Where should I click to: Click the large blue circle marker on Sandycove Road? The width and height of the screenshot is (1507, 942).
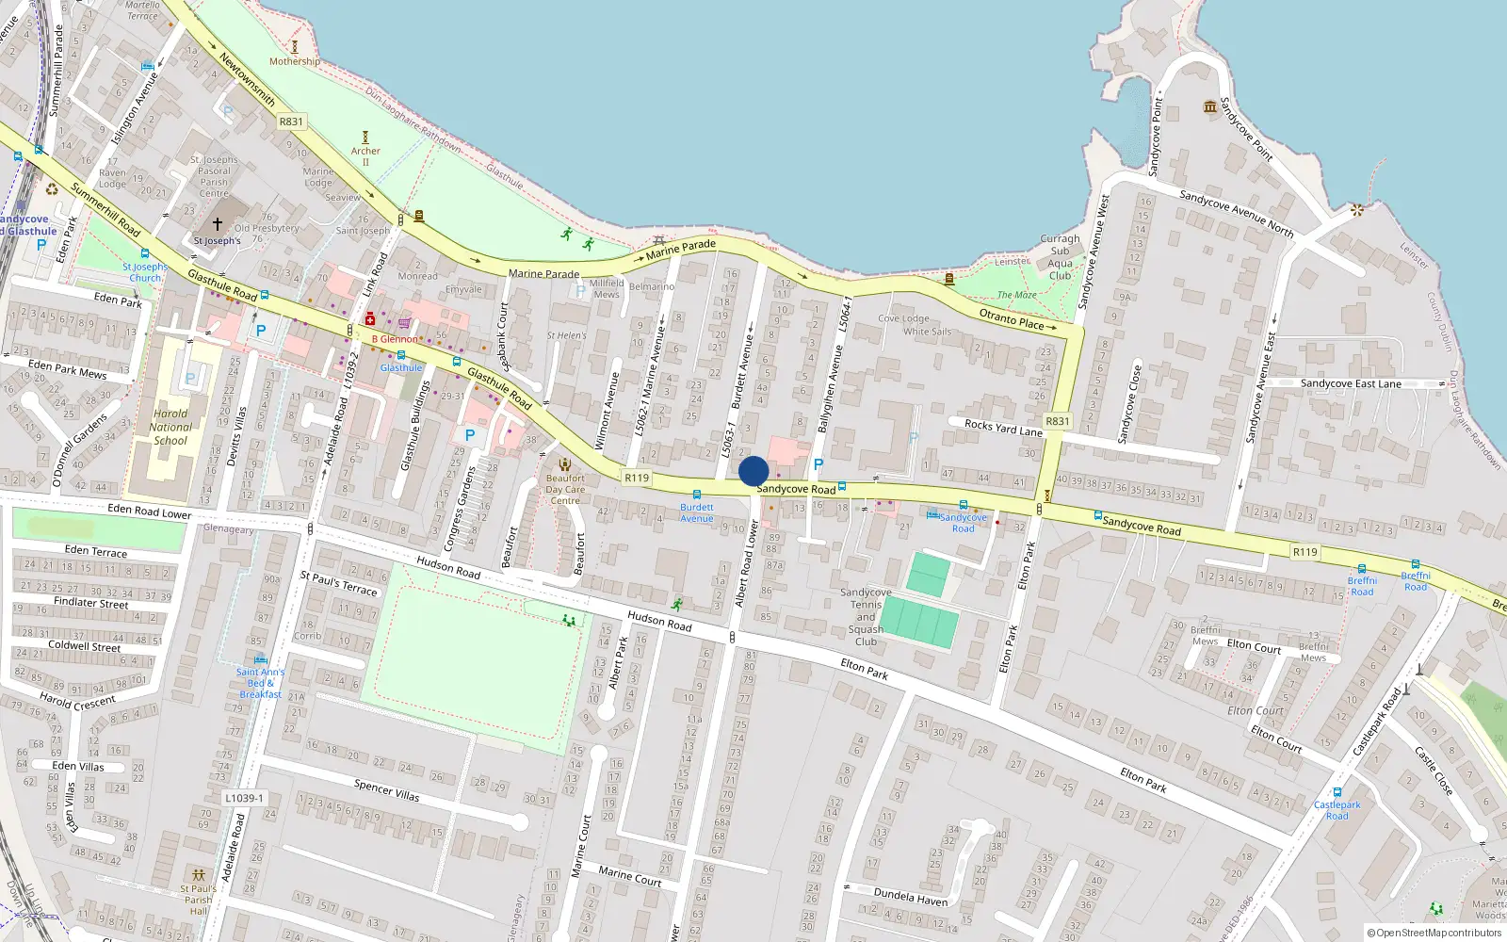[x=753, y=471]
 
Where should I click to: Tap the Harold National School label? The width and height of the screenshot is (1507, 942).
[x=170, y=427]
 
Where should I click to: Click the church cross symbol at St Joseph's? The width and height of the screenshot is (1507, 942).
[x=218, y=224]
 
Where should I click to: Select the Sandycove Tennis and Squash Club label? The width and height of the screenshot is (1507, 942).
[x=866, y=617]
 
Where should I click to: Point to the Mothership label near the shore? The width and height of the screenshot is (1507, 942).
[x=294, y=61]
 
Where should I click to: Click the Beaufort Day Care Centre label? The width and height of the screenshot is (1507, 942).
[x=565, y=489]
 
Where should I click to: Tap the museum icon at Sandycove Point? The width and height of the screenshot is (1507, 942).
[x=1210, y=106]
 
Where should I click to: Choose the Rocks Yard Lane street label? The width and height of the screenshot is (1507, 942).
[x=1003, y=428]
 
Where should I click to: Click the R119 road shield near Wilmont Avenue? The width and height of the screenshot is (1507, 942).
[x=637, y=478]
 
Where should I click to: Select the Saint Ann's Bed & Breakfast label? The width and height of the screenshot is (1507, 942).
[x=260, y=683]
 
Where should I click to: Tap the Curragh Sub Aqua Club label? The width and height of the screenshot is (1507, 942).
[x=1061, y=257]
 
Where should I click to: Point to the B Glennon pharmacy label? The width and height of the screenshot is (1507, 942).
[x=395, y=339]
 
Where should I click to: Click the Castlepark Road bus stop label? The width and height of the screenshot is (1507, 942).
[x=1337, y=810]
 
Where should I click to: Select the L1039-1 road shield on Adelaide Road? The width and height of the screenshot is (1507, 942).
[x=244, y=798]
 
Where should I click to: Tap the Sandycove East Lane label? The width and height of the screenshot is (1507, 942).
[x=1351, y=383]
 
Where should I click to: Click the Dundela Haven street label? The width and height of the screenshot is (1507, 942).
[x=910, y=896]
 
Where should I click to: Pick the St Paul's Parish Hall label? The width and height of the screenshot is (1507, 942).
[x=198, y=900]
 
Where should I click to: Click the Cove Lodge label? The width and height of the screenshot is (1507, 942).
[x=903, y=318]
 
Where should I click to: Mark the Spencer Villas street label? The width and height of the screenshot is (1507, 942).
[x=386, y=789]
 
